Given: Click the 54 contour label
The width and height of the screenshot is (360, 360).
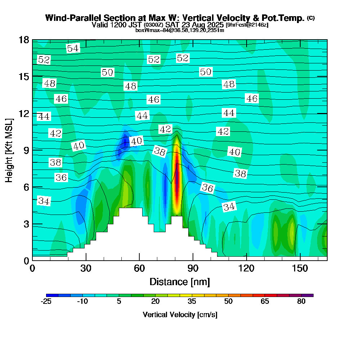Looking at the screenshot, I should pos(73,48).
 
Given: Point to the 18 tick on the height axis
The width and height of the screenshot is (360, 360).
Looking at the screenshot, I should pos(23,40).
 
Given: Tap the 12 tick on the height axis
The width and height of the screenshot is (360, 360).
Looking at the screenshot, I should pos(23,113).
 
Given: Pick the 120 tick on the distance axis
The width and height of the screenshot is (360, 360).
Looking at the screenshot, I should pos(247,269).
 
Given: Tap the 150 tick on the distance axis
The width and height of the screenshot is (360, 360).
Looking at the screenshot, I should pos(300,269).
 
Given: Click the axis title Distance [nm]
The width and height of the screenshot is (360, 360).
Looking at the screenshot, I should pos(180,282).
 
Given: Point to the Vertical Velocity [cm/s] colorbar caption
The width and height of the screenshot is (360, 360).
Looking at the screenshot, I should pos(180,315).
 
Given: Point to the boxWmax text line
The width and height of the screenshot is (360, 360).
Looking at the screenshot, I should pos(180,30).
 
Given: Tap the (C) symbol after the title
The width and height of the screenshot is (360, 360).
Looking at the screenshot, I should pos(311,18).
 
